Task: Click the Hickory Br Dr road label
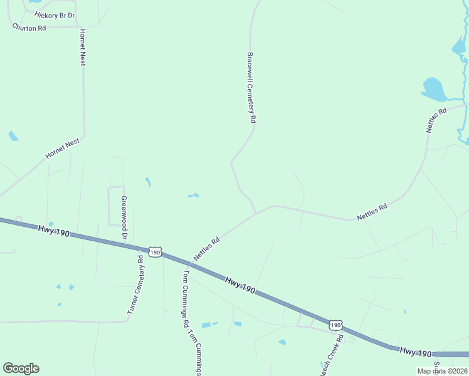[x=55, y=14]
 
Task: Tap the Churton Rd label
[x=29, y=28]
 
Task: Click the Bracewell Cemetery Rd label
[x=251, y=87]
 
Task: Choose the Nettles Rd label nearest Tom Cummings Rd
[x=206, y=249]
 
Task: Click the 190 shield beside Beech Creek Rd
[x=335, y=325]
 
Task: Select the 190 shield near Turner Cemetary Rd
[x=155, y=252]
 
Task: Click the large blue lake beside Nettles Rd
[x=433, y=90]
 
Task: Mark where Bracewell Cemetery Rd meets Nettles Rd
[x=255, y=213]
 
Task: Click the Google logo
[x=21, y=368]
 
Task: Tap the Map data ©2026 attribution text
[x=442, y=371]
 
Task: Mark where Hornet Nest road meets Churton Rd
[x=80, y=27]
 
